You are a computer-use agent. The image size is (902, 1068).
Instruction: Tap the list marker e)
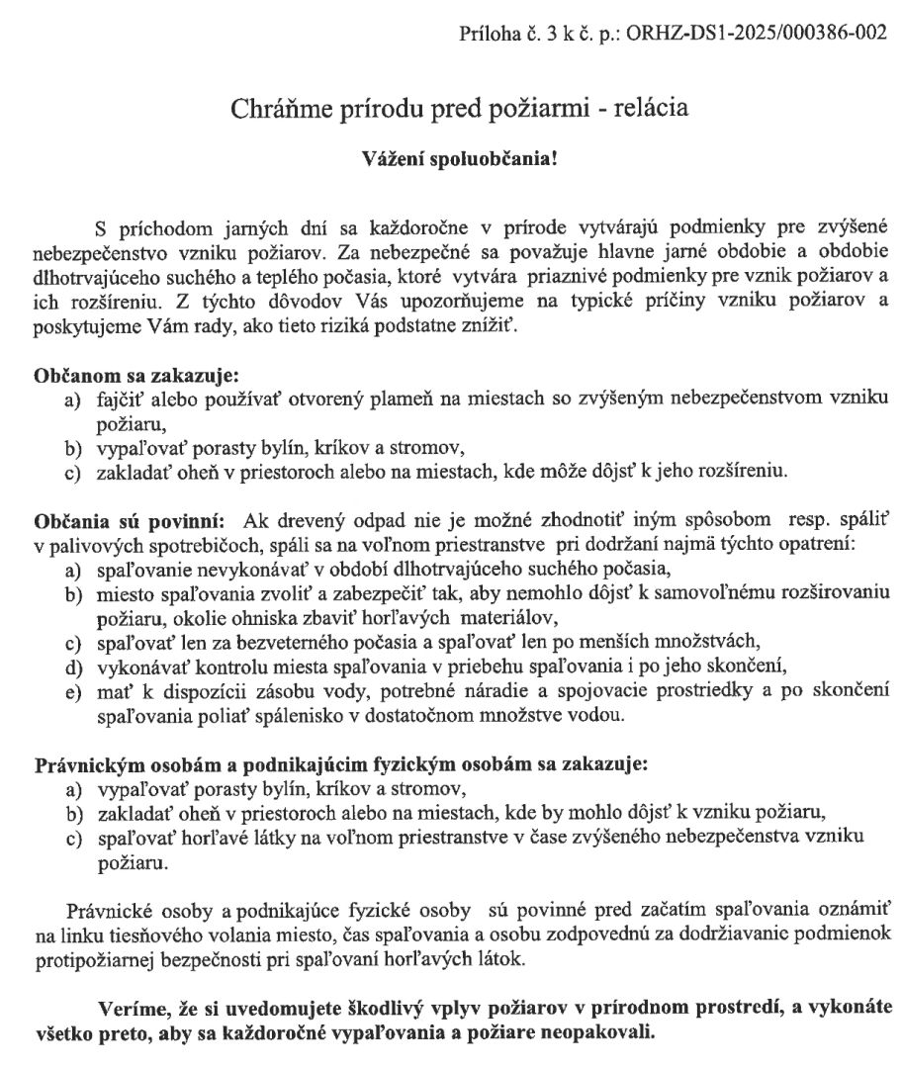tap(71, 655)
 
